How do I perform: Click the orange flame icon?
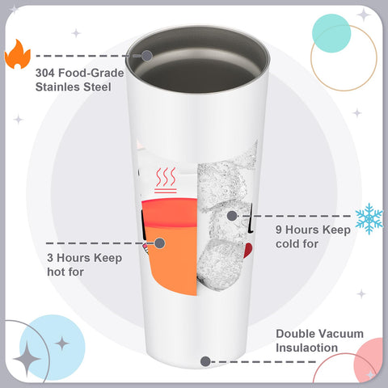(x=18, y=54)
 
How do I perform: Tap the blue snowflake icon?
(x=369, y=218)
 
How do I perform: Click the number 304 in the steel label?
(x=45, y=73)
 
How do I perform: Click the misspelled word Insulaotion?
(x=306, y=348)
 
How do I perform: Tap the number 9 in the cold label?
(x=279, y=230)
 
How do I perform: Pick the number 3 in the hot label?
(x=50, y=258)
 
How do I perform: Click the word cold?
(x=287, y=244)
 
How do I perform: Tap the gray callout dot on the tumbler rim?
(x=147, y=56)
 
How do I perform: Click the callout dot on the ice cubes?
(x=232, y=216)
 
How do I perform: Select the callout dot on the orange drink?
(x=160, y=243)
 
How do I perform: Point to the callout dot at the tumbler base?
(x=205, y=361)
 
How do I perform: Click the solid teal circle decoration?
(x=331, y=33)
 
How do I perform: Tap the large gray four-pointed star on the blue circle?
(x=27, y=359)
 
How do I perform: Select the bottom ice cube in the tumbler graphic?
(x=219, y=265)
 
